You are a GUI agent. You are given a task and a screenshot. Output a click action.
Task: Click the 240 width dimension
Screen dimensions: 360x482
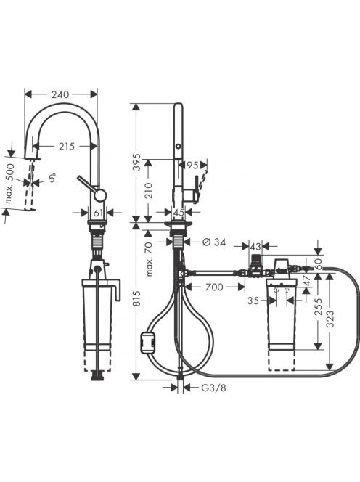(60, 94)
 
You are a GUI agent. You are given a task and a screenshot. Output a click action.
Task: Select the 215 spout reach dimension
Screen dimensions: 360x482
(67, 147)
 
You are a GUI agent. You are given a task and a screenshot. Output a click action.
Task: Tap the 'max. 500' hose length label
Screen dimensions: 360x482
(10, 184)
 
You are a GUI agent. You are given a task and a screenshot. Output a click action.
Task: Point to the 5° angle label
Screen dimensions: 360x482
(52, 178)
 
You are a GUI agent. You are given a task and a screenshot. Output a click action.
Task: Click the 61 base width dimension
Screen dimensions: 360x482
(98, 212)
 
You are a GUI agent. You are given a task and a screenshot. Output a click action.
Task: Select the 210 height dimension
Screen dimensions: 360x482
(148, 190)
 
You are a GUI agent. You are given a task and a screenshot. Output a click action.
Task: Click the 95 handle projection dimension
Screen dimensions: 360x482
(192, 165)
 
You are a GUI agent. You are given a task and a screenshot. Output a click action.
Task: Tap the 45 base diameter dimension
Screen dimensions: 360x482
(178, 212)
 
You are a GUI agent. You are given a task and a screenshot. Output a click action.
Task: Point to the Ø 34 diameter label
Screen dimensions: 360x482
(214, 242)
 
